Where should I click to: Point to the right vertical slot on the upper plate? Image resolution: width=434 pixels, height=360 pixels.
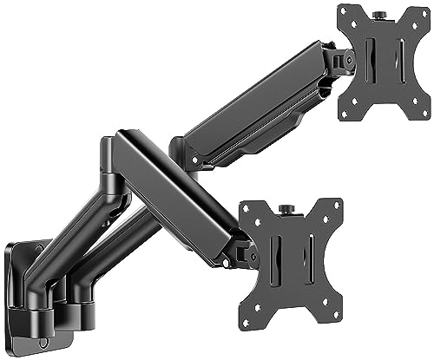coord(398,65)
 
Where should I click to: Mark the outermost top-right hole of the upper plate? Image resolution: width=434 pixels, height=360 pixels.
coord(423,11)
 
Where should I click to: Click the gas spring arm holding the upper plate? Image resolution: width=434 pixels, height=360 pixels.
coord(252,113)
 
